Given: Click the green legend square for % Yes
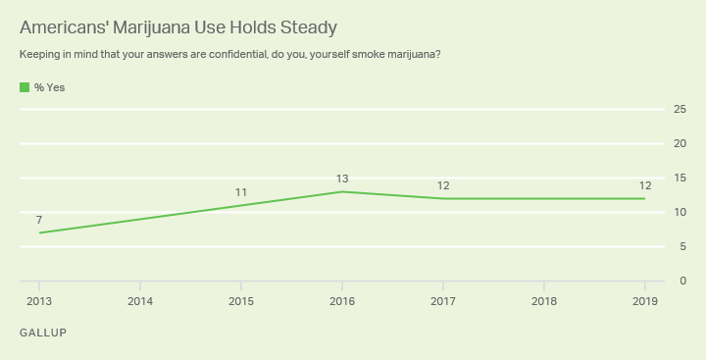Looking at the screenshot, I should pyautogui.click(x=25, y=87).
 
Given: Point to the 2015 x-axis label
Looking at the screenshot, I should pyautogui.click(x=240, y=300).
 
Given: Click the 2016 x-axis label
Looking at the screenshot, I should pyautogui.click(x=341, y=300).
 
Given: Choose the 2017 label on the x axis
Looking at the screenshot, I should pyautogui.click(x=442, y=300).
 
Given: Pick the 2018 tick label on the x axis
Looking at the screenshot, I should pyautogui.click(x=543, y=300).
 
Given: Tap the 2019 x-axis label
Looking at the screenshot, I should pyautogui.click(x=644, y=300).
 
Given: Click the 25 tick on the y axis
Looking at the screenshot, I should pyautogui.click(x=679, y=109).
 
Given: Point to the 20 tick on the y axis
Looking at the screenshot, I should pyautogui.click(x=679, y=143).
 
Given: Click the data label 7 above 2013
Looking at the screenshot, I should pyautogui.click(x=39, y=220).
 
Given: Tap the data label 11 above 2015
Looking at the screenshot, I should pyautogui.click(x=240, y=192).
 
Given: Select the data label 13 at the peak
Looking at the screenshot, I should pyautogui.click(x=341, y=179).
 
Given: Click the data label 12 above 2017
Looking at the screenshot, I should pyautogui.click(x=442, y=185).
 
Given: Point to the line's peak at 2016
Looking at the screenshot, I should pyautogui.click(x=341, y=191).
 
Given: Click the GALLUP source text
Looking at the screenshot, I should pyautogui.click(x=43, y=334).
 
